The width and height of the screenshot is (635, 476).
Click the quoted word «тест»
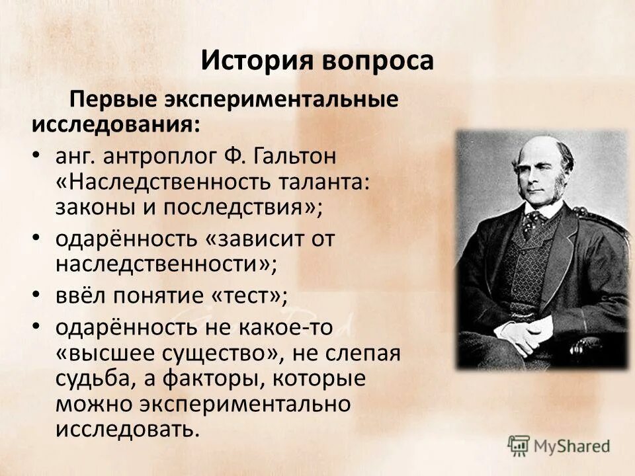[249, 297]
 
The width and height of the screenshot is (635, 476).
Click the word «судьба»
[89, 379]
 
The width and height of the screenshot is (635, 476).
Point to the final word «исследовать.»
[127, 429]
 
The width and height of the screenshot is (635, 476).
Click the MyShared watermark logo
[560, 445]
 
